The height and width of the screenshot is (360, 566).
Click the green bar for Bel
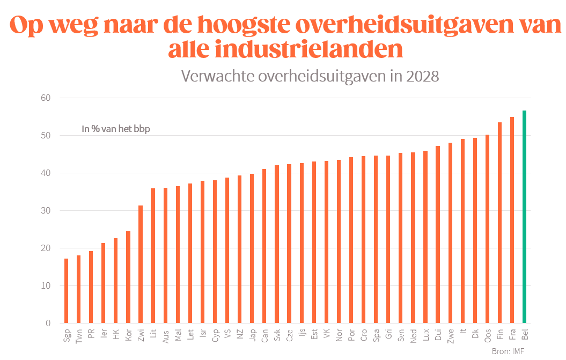point(525,217)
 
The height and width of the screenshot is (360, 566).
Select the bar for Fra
point(512,220)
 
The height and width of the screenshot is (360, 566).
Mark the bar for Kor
point(128,277)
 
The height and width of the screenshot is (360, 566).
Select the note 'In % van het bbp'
point(115,129)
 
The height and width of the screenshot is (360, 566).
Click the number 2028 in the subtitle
point(423,77)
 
